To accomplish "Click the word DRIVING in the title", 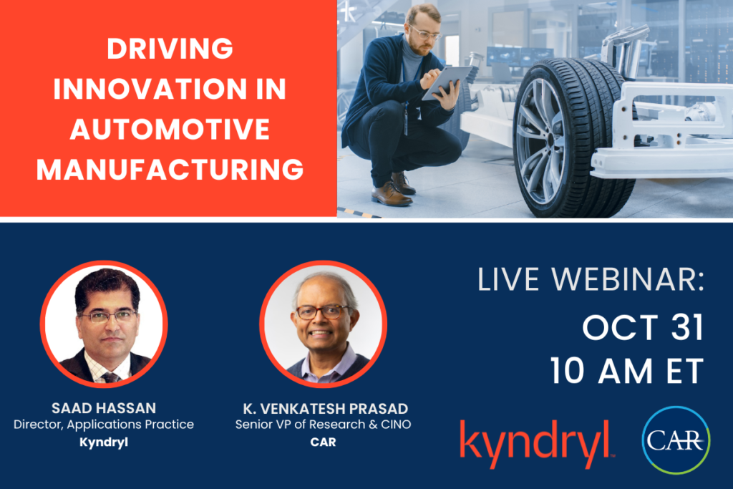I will click(170, 49).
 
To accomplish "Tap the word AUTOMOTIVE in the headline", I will click(170, 130).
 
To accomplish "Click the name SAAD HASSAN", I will click(103, 408).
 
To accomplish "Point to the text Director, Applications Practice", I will click(103, 425).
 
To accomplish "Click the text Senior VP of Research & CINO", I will click(323, 425).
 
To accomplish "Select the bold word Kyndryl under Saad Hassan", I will click(103, 442).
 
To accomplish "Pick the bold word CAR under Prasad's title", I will click(323, 442).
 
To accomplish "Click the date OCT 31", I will click(642, 328).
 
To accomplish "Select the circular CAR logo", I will click(676, 438).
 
